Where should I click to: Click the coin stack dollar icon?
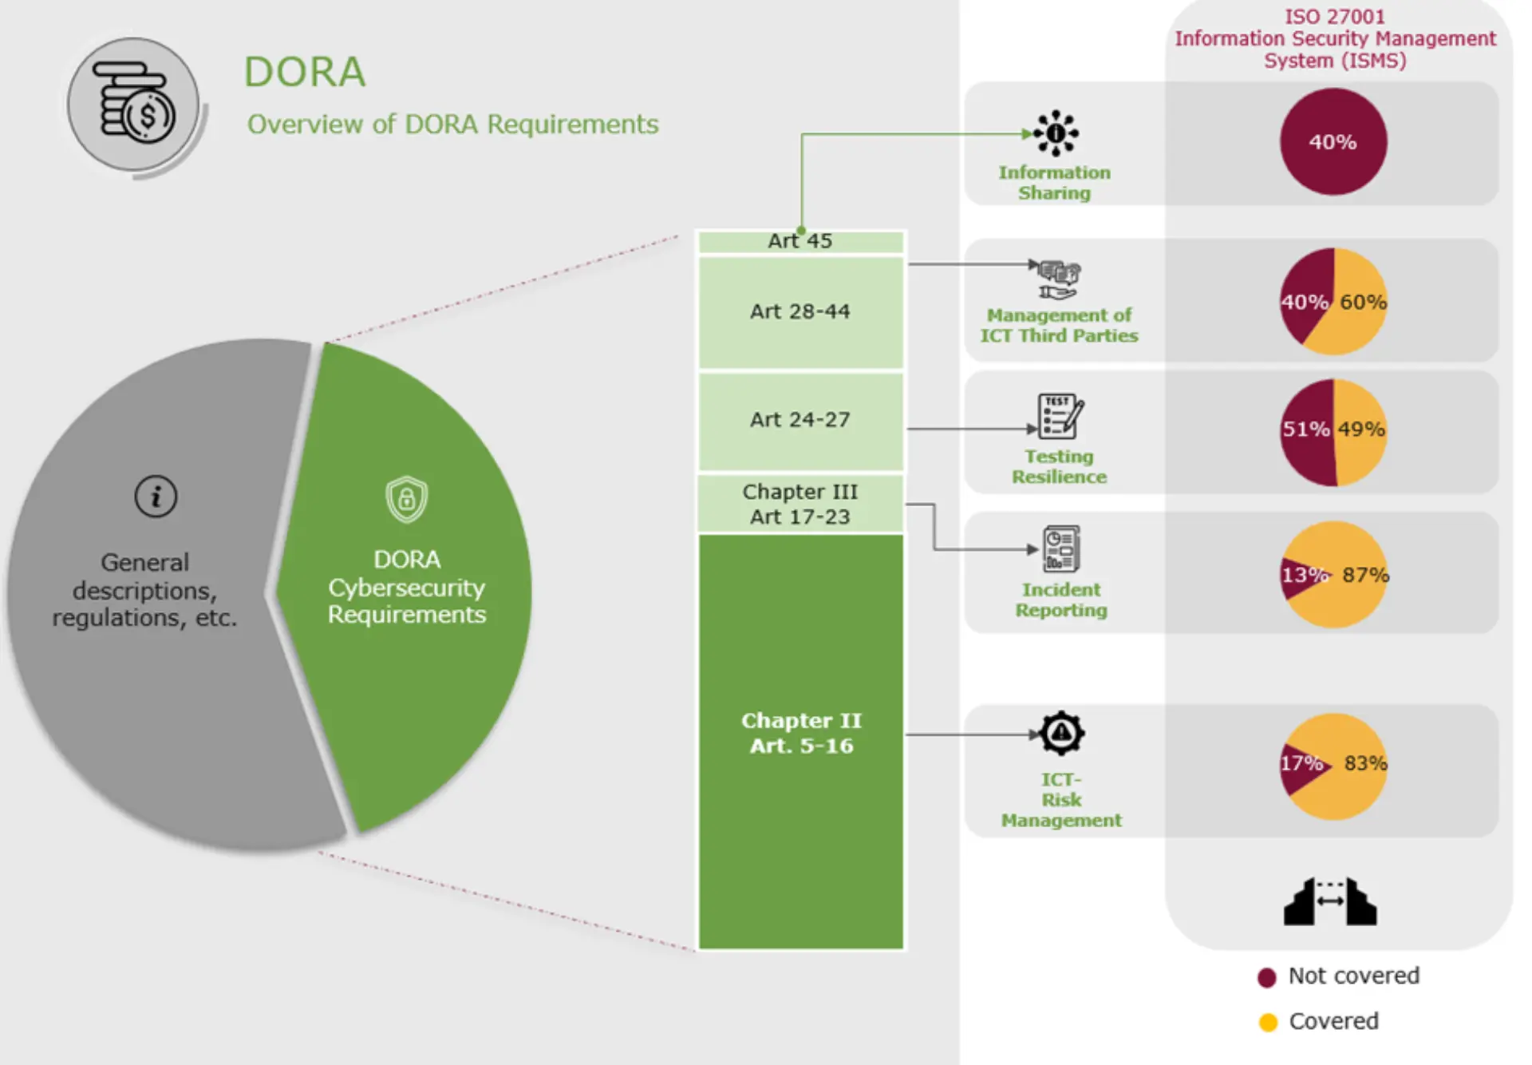click(134, 104)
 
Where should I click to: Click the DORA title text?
click(304, 72)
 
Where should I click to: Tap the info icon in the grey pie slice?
click(156, 497)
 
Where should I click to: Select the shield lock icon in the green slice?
click(406, 499)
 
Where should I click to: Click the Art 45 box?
click(800, 241)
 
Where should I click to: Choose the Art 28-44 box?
click(800, 311)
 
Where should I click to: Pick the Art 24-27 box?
click(800, 420)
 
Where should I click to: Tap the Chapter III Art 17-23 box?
click(800, 504)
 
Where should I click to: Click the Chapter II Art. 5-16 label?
click(801, 733)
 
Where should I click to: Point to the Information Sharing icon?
click(1056, 133)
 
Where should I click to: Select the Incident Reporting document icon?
click(1061, 548)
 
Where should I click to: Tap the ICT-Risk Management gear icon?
click(1061, 733)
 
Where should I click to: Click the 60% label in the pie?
click(1363, 302)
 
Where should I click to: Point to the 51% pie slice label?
click(1305, 430)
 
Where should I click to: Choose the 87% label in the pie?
click(1365, 575)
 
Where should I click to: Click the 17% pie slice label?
click(1301, 763)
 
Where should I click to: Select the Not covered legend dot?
click(1266, 977)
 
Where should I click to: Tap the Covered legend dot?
click(1268, 1022)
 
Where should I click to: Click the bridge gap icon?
click(1330, 901)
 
